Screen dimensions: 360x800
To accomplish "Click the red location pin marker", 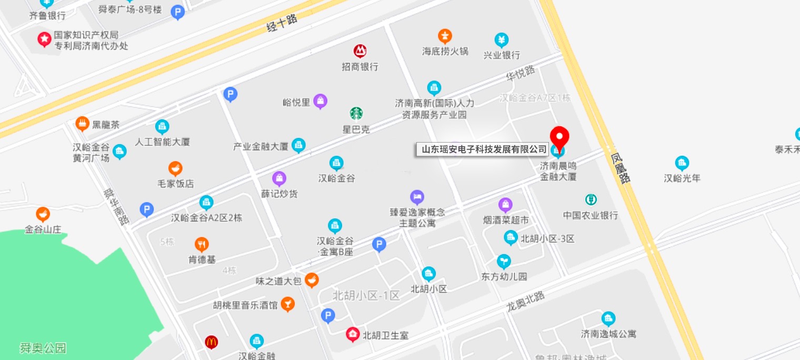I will coord(559,136).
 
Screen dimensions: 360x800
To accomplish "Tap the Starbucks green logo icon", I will coord(356,113).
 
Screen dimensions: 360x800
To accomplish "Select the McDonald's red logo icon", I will coord(212,342).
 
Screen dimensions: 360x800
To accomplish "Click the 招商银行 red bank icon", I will coord(360,51).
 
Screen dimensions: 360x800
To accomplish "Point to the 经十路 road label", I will coord(282,23).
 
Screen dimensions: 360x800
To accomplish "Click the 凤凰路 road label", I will coord(621,168).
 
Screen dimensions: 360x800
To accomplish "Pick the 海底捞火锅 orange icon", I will coord(445,36).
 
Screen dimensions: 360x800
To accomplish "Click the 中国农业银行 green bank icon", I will coord(591,199).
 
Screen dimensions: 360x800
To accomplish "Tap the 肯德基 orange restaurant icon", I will coord(202,244).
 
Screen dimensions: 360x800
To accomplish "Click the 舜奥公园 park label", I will coord(43,348).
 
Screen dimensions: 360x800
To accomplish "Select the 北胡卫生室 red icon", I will coord(353,334).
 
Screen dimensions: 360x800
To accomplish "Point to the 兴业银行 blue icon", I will coord(502,39).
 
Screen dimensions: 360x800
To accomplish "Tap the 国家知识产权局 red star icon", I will coord(44,39).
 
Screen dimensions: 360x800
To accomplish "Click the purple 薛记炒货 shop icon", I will coord(279,178).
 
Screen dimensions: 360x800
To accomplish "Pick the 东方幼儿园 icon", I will coord(504,261).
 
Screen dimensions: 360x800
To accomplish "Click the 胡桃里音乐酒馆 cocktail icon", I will coord(287,304).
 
